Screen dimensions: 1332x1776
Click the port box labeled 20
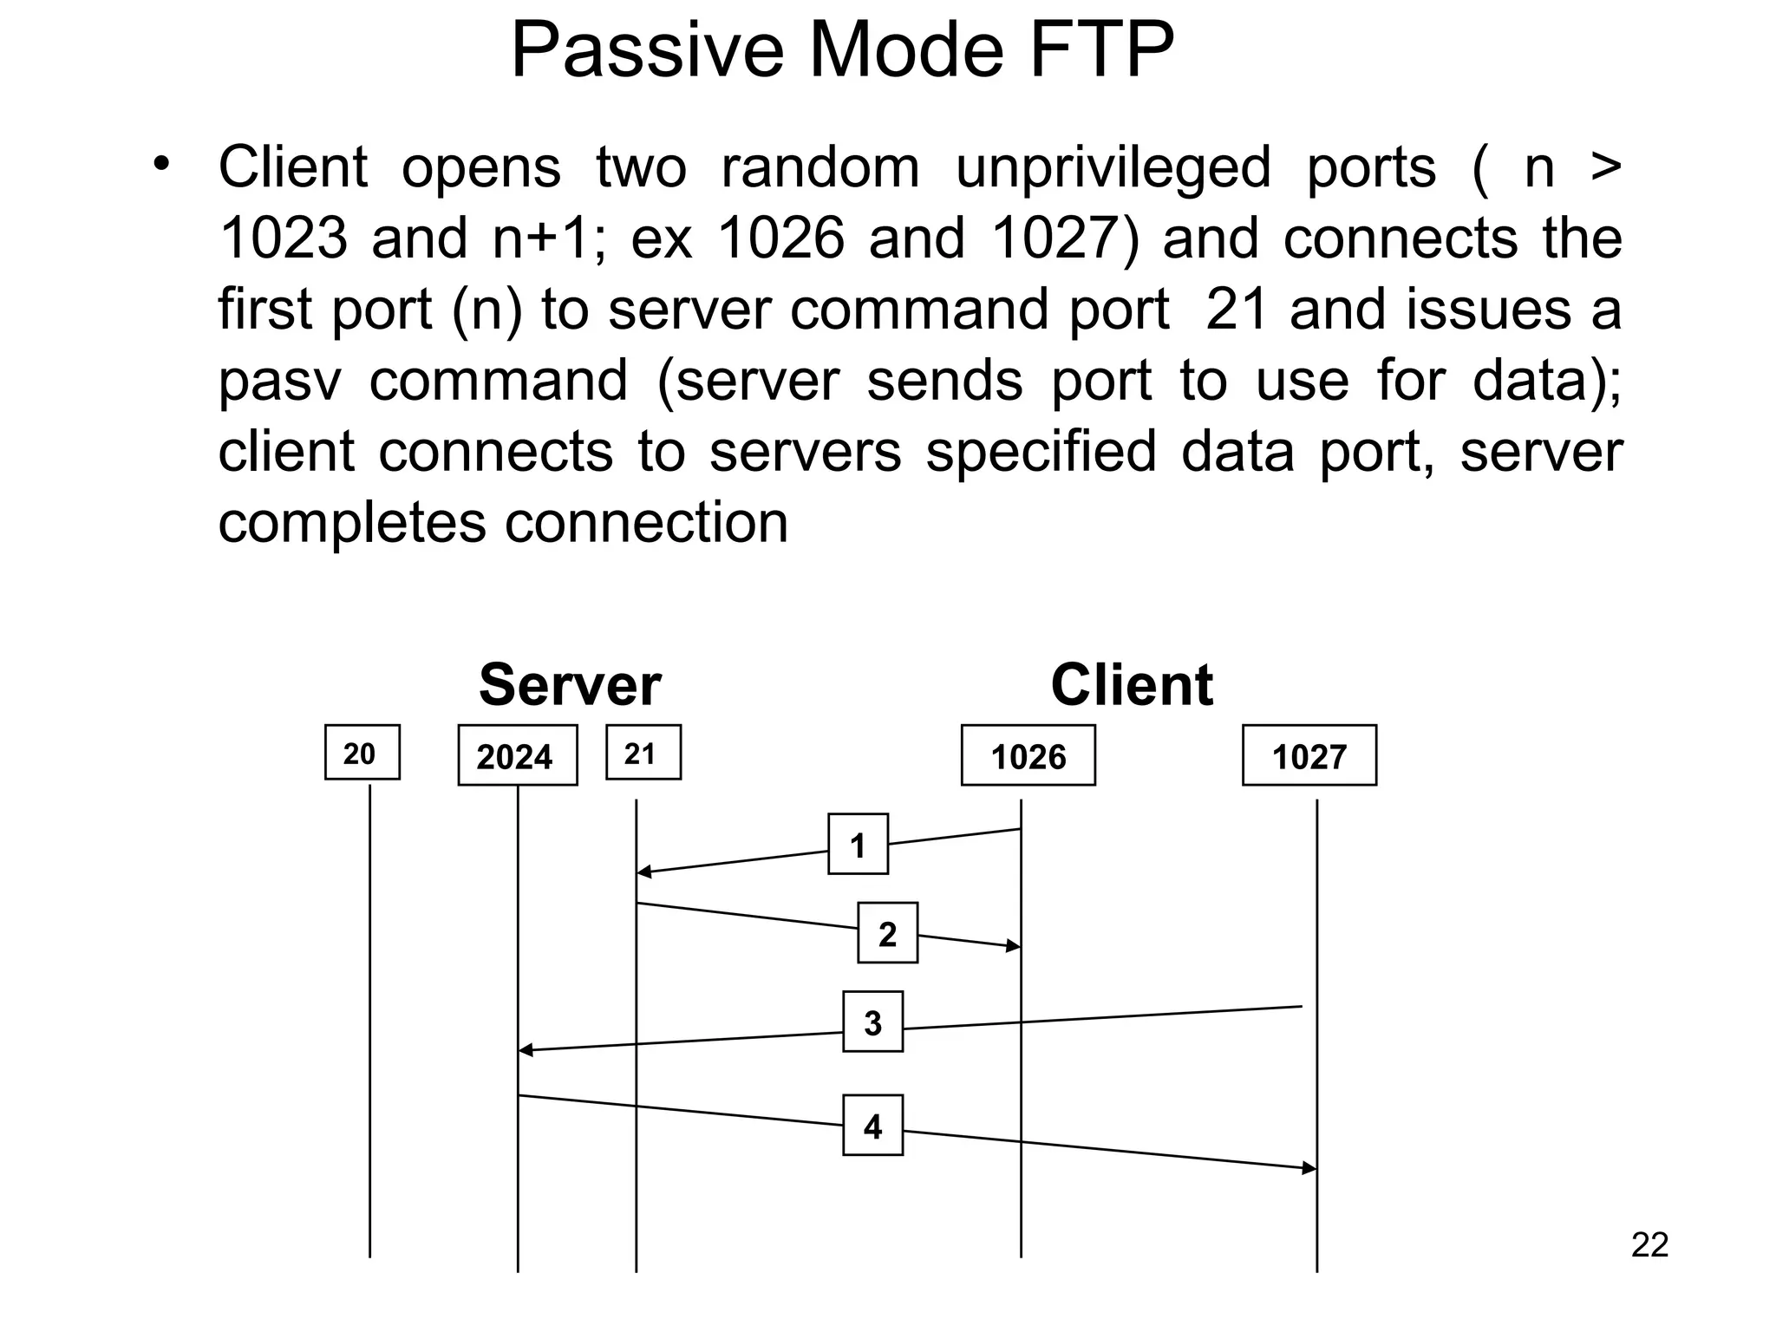pyautogui.click(x=362, y=753)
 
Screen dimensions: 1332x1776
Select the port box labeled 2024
pyautogui.click(x=517, y=756)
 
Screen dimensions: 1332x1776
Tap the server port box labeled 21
pyautogui.click(x=643, y=753)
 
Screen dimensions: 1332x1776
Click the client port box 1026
pyautogui.click(x=1028, y=756)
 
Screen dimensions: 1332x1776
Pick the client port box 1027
pyautogui.click(x=1309, y=756)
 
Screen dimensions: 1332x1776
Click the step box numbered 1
pyautogui.click(x=858, y=844)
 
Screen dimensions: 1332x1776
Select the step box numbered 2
pyautogui.click(x=887, y=933)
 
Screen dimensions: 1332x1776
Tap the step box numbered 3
pyautogui.click(x=872, y=1022)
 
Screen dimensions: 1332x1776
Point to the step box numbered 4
pyautogui.click(x=872, y=1126)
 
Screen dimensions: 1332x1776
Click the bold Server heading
pyautogui.click(x=570, y=685)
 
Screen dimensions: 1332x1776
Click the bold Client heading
pyautogui.click(x=1131, y=685)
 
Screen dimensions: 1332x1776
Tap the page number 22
pyautogui.click(x=1649, y=1245)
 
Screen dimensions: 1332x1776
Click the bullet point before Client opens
pyautogui.click(x=160, y=164)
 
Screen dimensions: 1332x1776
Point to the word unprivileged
pyautogui.click(x=1113, y=167)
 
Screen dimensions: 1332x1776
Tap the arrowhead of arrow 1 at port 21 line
pyautogui.click(x=643, y=872)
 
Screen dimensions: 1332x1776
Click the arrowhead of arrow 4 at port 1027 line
pyautogui.click(x=1310, y=1168)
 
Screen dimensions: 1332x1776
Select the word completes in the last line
pyautogui.click(x=350, y=523)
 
